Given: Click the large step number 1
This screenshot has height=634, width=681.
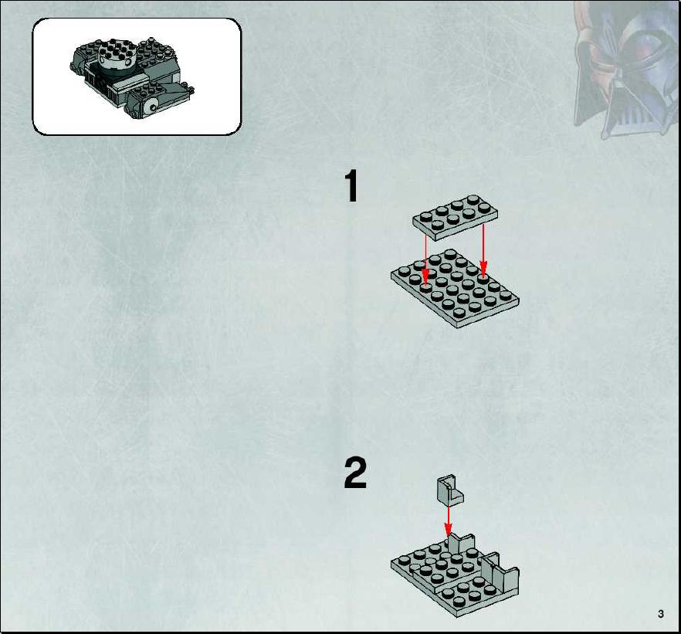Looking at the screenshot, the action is pos(352,186).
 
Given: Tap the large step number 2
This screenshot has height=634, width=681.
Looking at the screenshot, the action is pos(355,473).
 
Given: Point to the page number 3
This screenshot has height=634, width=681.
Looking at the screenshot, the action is pos(661,614).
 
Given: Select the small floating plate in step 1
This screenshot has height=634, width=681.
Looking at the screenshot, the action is pos(456,217).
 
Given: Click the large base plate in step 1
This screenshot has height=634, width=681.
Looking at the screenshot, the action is pos(455,289).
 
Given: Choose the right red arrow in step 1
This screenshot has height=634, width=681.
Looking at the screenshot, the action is pos(483,250).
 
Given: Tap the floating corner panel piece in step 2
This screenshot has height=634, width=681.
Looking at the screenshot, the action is pos(450,490).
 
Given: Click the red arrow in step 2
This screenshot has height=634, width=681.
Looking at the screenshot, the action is pos(448,520).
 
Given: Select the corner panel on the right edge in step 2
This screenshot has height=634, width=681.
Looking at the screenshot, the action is pos(500,572).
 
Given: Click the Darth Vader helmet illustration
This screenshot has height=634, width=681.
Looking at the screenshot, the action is pos(626,70).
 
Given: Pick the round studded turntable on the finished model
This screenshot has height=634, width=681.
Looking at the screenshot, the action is pos(117,59).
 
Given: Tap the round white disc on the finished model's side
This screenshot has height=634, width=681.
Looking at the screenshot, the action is pos(151,107).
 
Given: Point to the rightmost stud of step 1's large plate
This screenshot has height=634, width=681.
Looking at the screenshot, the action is pos(505,295).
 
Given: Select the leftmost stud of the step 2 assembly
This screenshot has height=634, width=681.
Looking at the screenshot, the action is pos(405,560).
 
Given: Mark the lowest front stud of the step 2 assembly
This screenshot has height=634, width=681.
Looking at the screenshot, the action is pos(459,602).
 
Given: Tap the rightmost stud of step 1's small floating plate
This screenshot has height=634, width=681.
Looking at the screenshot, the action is pos(484,208).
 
